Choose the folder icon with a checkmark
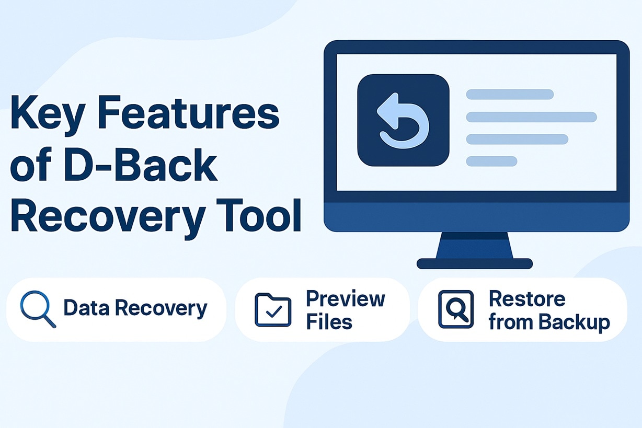tap(272, 310)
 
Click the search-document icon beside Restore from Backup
tap(455, 309)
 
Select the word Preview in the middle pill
tap(345, 299)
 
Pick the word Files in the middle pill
tap(329, 322)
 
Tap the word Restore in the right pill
tap(527, 299)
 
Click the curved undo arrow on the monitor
tap(403, 120)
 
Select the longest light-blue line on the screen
tap(531, 117)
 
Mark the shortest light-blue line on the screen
tap(491, 161)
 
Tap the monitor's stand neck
tap(474, 245)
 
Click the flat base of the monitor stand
tap(474, 263)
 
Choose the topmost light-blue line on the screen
tap(510, 94)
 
